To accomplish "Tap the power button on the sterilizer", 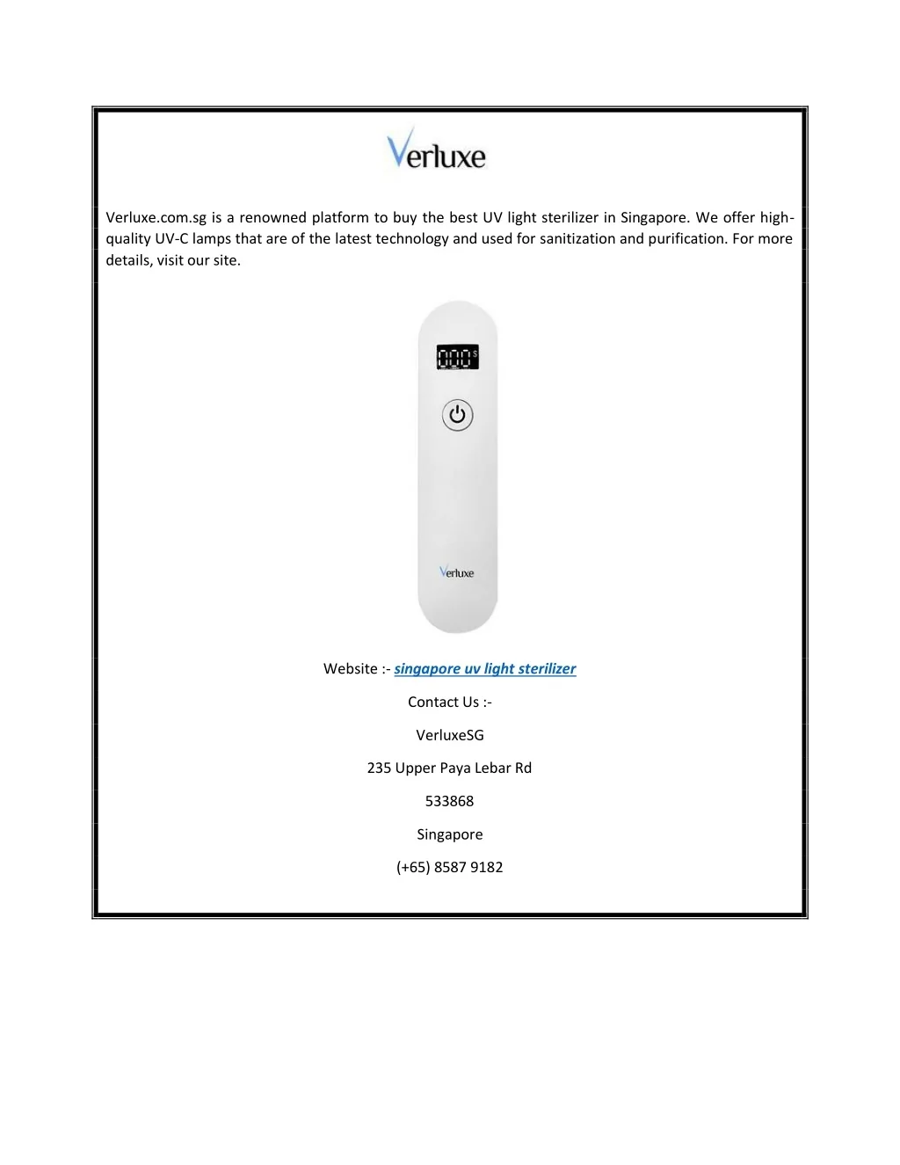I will point(457,415).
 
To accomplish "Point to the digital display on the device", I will point(457,357).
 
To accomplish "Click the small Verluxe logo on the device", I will point(457,572).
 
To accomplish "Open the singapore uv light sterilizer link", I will point(484,669).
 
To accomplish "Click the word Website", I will point(351,669).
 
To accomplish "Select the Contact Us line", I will point(449,702).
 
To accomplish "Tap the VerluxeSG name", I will point(449,735).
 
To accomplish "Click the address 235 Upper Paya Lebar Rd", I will point(449,768).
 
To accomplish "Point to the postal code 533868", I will point(449,801).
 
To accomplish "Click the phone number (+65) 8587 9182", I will point(449,867).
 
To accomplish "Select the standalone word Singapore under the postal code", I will point(449,834).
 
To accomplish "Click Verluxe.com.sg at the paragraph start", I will point(156,218).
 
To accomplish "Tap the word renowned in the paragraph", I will point(272,218).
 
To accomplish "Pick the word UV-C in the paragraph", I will point(171,239).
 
